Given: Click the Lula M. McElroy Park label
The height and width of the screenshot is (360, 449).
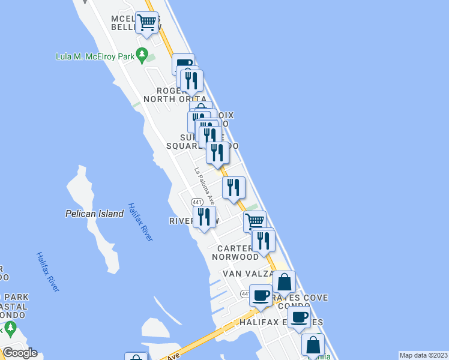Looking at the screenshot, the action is click(95, 57).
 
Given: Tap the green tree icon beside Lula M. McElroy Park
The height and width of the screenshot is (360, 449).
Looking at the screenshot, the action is click(142, 56).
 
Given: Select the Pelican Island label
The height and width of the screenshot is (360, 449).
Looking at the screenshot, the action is click(94, 214).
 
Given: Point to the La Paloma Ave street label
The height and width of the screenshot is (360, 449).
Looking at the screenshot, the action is click(204, 185).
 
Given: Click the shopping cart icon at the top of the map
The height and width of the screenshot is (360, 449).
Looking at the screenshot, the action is click(146, 23).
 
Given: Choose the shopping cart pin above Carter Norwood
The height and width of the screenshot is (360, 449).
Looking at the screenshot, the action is click(255, 221).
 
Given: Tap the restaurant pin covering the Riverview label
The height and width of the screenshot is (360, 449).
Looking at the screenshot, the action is click(204, 217).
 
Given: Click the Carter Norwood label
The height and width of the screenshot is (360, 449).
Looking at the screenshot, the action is click(238, 253).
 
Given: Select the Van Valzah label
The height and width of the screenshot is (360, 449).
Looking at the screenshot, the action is click(248, 274).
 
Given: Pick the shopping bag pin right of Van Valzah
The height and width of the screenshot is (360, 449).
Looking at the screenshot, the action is click(284, 281).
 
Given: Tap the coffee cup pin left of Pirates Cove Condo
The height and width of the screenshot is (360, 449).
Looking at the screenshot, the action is click(260, 296).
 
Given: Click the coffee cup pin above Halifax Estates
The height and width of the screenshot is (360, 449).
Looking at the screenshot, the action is click(299, 317).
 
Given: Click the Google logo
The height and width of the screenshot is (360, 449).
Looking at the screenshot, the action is click(20, 353).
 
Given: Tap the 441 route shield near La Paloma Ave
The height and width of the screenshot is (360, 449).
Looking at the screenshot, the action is click(196, 202).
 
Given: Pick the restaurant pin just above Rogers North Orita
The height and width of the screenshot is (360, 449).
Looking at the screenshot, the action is click(191, 80).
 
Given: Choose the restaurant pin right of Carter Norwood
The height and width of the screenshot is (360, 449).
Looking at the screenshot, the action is click(264, 240).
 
